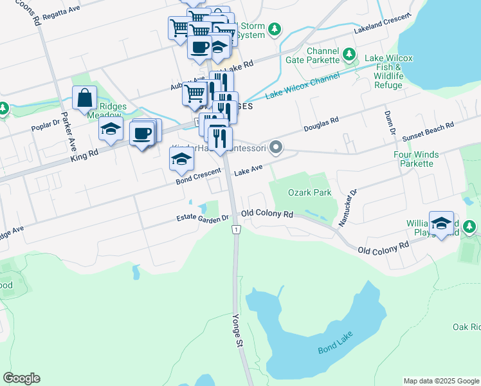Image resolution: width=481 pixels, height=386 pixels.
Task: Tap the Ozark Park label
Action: (x=309, y=192)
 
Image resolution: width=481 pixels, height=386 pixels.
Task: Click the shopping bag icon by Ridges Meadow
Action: (x=85, y=99)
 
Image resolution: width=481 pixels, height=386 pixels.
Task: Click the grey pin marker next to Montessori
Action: (x=276, y=148)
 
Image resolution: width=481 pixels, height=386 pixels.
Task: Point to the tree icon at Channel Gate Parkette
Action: (x=349, y=53)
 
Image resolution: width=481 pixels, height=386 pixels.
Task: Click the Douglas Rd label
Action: (x=322, y=122)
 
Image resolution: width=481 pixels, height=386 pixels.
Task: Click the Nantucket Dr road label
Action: (x=347, y=207)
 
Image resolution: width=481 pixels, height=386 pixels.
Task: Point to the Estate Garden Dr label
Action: (x=203, y=219)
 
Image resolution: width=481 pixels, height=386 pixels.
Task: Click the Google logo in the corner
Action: (x=21, y=378)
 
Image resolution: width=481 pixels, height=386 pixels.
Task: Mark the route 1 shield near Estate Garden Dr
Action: (x=237, y=230)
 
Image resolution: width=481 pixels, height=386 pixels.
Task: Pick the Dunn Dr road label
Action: (x=390, y=122)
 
